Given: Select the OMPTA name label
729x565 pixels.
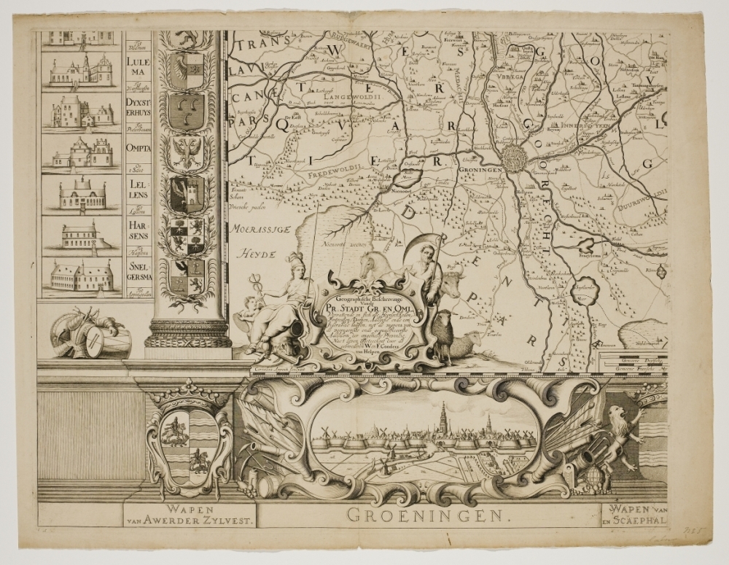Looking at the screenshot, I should (x=138, y=148).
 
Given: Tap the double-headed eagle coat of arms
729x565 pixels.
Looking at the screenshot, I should (x=186, y=152).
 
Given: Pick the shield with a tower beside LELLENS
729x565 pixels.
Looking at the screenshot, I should (x=187, y=194).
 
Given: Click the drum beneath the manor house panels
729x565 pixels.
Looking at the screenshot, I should (x=106, y=341).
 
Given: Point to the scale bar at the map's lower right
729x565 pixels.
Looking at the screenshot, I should (x=632, y=360).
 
